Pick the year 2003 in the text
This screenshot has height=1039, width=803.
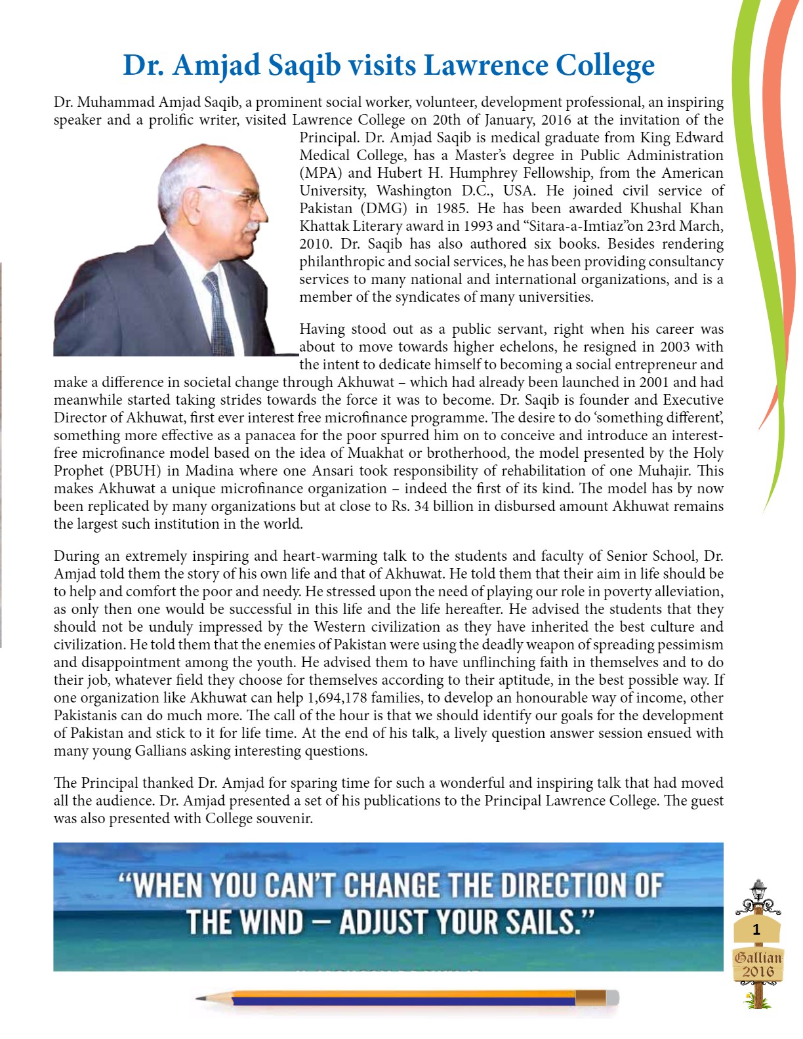pyautogui.click(x=674, y=347)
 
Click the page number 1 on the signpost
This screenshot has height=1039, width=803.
pyautogui.click(x=756, y=929)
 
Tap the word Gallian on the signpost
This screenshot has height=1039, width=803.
pyautogui.click(x=758, y=957)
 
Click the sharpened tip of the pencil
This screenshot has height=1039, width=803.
pyautogui.click(x=199, y=998)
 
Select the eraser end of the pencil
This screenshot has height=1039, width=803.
pyautogui.click(x=611, y=998)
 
